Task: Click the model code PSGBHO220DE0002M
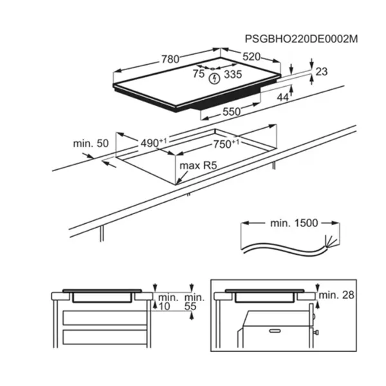(x=301, y=39)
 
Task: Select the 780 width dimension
(x=170, y=59)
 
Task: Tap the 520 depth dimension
(x=252, y=57)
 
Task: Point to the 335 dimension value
(x=233, y=74)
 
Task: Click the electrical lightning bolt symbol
(x=214, y=78)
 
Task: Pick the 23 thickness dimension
(x=321, y=71)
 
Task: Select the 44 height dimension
(x=282, y=98)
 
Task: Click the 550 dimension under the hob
(x=232, y=112)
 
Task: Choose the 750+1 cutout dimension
(x=226, y=144)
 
